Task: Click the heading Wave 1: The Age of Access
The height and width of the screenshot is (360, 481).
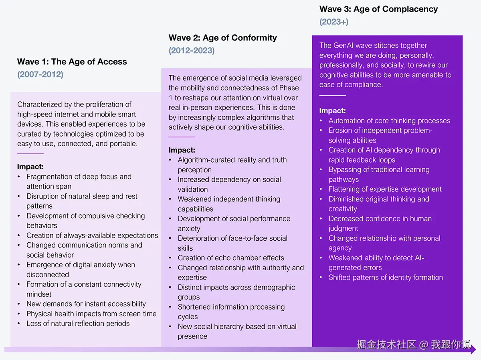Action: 72,62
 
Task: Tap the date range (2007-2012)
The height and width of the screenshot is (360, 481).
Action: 40,74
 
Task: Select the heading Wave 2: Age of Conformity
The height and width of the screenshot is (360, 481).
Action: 222,38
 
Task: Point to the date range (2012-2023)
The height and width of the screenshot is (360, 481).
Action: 192,50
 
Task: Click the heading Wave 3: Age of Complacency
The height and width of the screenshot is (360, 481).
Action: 378,9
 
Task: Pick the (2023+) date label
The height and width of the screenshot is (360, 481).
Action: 334,22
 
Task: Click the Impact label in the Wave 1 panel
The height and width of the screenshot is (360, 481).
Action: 30,167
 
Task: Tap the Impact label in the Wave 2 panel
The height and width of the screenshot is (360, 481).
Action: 182,150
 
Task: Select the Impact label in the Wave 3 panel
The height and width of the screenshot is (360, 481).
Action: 332,111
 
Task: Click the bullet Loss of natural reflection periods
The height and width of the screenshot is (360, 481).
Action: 78,324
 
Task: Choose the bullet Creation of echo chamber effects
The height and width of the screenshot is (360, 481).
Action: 231,258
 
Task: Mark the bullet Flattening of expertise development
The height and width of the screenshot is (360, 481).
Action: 385,189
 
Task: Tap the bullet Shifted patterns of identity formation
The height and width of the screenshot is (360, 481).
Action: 386,278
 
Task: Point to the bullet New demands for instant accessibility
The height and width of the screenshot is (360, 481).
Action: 86,304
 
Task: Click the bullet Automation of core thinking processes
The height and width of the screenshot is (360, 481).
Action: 389,121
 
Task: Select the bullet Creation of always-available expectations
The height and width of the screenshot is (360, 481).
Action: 92,235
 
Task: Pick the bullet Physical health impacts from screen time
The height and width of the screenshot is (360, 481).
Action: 91,314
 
